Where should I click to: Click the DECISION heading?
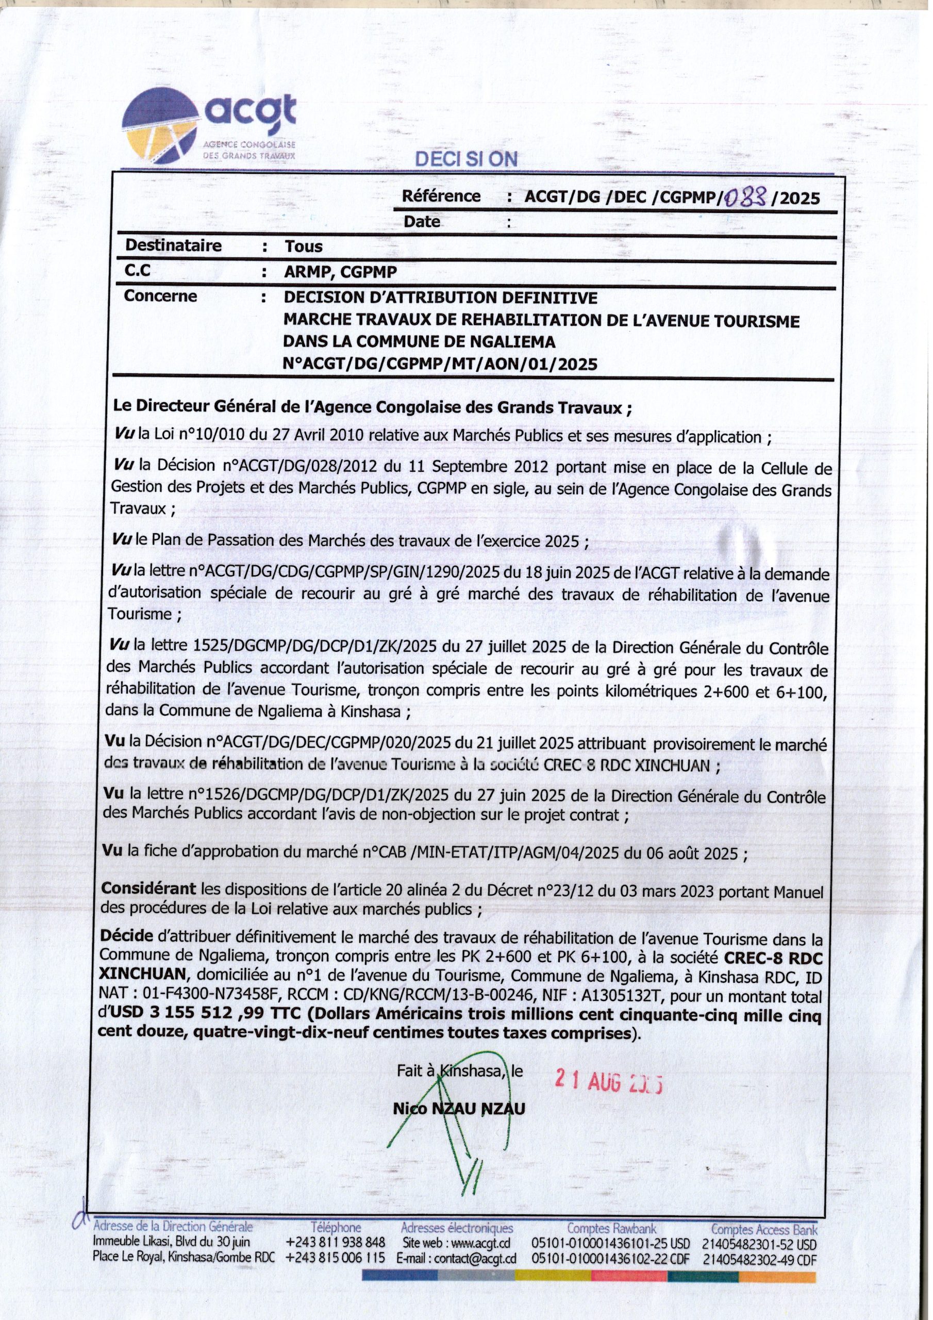[x=466, y=159]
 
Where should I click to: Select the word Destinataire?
[x=174, y=245]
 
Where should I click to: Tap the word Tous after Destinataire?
[x=304, y=246]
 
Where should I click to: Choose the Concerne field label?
[x=160, y=296]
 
